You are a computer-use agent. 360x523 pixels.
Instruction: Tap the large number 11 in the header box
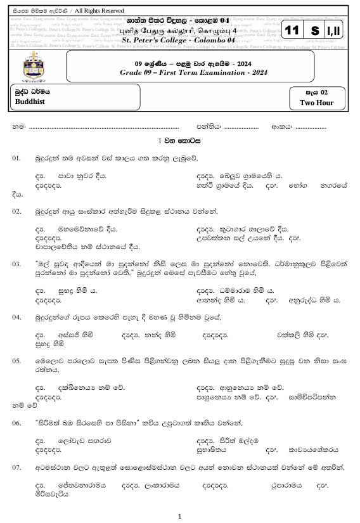pyautogui.click(x=292, y=31)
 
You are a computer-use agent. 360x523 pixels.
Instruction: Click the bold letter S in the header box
pyautogui.click(x=315, y=31)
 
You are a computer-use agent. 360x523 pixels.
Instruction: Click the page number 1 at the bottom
pyautogui.click(x=180, y=516)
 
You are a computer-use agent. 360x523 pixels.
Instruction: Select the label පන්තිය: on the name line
pyautogui.click(x=209, y=127)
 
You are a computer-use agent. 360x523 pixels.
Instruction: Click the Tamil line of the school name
pyautogui.click(x=184, y=30)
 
